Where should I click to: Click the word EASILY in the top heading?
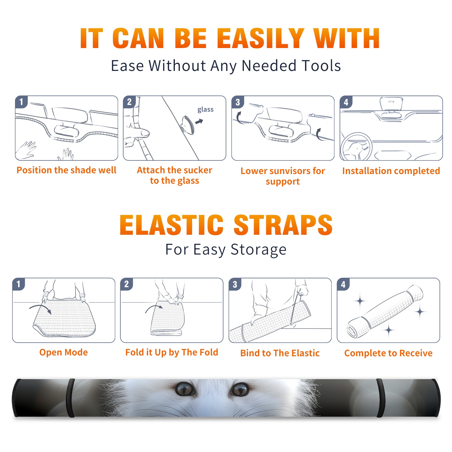[261, 38]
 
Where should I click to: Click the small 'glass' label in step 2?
[205, 110]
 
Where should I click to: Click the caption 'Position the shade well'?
[66, 170]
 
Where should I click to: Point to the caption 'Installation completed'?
[391, 171]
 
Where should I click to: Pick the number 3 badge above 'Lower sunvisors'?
[238, 102]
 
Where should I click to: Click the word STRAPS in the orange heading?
[283, 225]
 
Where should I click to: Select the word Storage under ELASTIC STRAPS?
[258, 250]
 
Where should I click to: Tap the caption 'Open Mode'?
[64, 352]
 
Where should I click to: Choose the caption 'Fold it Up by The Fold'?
[172, 353]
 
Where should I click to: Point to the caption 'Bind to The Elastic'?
[280, 353]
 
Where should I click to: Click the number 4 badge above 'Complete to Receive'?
[343, 284]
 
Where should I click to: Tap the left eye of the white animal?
[185, 389]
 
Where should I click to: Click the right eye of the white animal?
[240, 389]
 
